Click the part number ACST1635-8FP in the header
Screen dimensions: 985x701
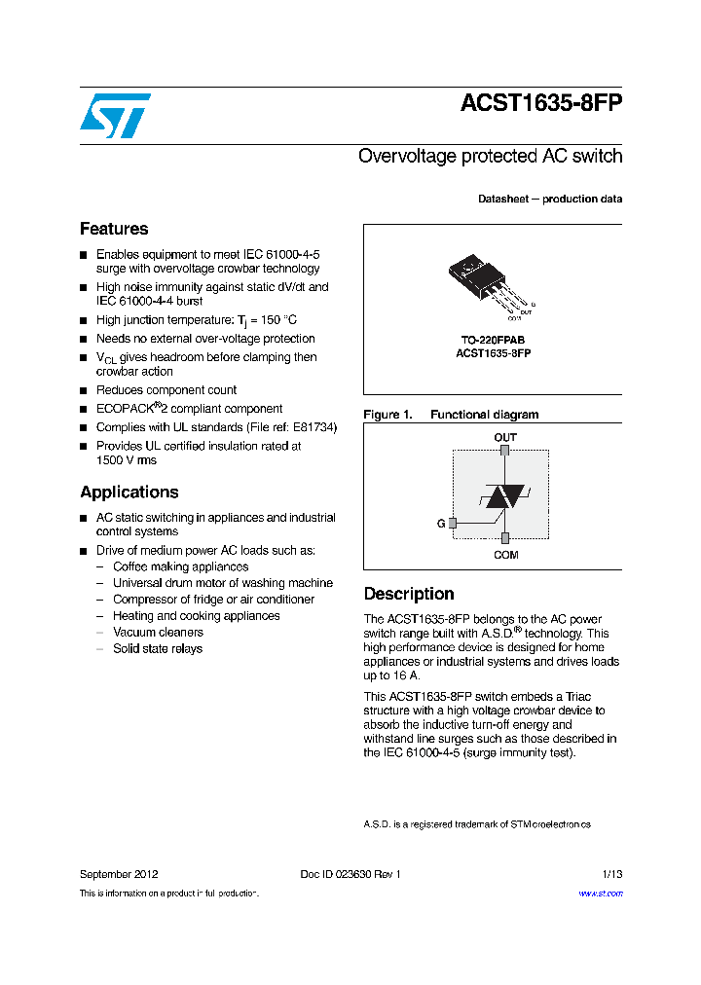pyautogui.click(x=540, y=105)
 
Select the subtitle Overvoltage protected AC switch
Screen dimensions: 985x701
pyautogui.click(x=490, y=156)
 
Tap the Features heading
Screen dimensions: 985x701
pyautogui.click(x=114, y=229)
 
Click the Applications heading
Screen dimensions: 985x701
pyautogui.click(x=129, y=492)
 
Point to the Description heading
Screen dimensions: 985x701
pyautogui.click(x=409, y=594)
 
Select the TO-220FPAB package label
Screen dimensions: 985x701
pyautogui.click(x=493, y=341)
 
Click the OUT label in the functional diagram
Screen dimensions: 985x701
pyautogui.click(x=505, y=438)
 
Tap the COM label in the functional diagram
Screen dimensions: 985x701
pyautogui.click(x=505, y=555)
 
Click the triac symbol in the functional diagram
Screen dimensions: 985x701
pyautogui.click(x=504, y=496)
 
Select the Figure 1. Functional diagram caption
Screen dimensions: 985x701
pyautogui.click(x=451, y=415)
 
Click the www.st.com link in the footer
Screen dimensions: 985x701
pyautogui.click(x=600, y=894)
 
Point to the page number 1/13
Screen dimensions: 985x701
pyautogui.click(x=611, y=874)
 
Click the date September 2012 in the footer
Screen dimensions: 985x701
pyautogui.click(x=119, y=874)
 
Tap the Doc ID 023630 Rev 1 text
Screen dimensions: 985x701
pyautogui.click(x=350, y=874)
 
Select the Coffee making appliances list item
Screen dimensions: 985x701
pyautogui.click(x=180, y=566)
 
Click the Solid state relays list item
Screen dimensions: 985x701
pyautogui.click(x=158, y=649)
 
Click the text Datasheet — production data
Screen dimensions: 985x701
pyautogui.click(x=550, y=199)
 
